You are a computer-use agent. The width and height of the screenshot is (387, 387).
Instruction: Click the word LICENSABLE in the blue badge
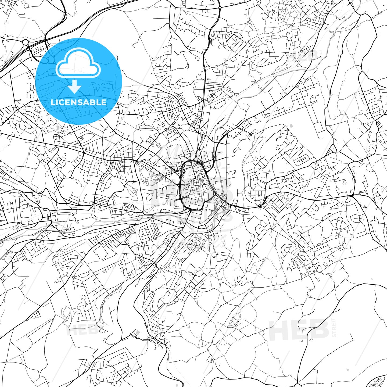click(x=78, y=102)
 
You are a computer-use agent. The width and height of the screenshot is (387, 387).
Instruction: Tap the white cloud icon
click(x=78, y=64)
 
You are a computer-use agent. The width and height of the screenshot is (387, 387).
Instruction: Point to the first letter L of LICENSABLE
click(x=53, y=102)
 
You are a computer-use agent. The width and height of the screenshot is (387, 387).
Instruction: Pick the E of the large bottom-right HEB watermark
click(x=300, y=330)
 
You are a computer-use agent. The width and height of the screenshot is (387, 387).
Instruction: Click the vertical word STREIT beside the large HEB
click(x=334, y=327)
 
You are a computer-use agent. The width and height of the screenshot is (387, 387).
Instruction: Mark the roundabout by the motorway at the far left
click(x=26, y=42)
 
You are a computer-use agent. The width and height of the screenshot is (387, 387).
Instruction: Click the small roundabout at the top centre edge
click(x=220, y=8)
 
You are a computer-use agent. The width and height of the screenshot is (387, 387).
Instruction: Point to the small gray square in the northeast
click(x=291, y=126)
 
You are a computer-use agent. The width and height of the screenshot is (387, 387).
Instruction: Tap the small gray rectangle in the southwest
click(x=138, y=332)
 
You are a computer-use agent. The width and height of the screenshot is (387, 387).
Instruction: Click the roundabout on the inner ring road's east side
click(x=214, y=194)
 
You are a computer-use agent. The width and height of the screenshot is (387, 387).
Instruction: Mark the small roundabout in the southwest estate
click(x=73, y=277)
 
